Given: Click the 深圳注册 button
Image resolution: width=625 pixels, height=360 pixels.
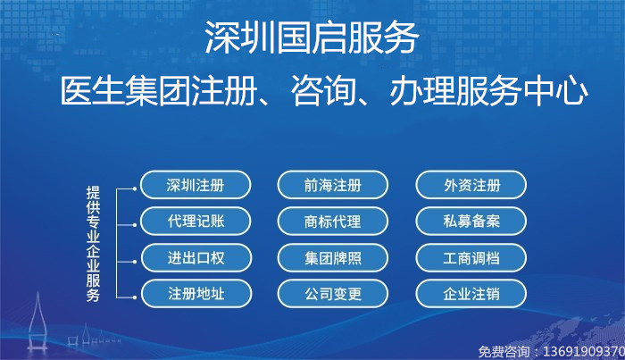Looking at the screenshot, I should [x=196, y=186].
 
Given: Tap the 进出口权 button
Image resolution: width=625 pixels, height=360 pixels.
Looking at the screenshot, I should [x=196, y=257].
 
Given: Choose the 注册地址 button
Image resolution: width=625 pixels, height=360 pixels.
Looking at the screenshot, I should [x=196, y=292].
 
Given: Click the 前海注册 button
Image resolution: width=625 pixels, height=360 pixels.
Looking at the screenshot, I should [x=333, y=186].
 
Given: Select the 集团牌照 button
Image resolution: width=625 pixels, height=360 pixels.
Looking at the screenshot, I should [x=333, y=257].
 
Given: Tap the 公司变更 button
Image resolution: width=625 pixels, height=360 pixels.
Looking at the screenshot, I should [x=333, y=292].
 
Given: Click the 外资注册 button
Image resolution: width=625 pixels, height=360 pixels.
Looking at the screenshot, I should [x=471, y=186].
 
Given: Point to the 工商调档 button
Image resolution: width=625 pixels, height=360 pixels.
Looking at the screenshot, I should [x=471, y=257].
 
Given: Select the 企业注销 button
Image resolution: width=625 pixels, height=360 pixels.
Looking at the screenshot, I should [x=471, y=292].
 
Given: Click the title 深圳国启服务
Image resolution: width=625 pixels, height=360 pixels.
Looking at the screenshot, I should [x=312, y=38].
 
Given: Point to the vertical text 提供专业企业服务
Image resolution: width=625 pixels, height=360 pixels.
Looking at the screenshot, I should [x=93, y=239].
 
